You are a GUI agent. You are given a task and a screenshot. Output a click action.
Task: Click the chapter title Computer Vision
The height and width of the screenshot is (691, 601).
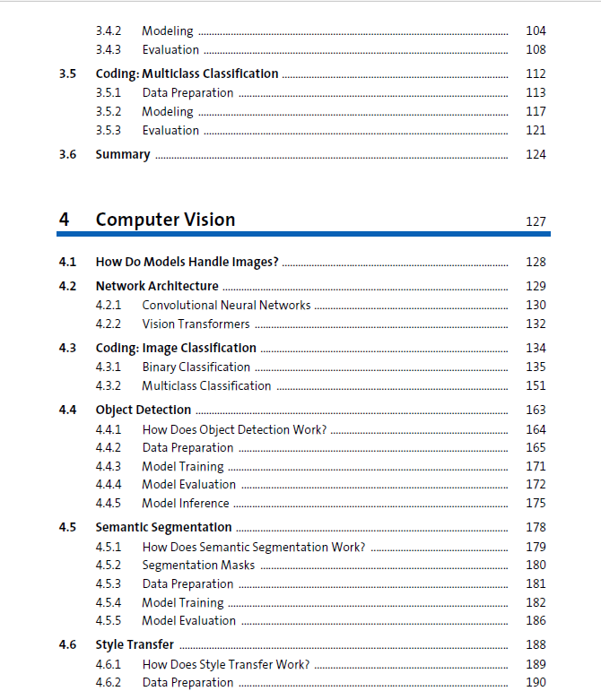(x=165, y=220)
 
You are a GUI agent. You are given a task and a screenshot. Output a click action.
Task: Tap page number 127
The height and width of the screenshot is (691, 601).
(x=536, y=221)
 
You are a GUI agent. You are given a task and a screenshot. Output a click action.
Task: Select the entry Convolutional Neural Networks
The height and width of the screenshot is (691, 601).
(x=226, y=305)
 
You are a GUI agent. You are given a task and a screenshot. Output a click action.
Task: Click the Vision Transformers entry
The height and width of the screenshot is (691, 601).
(x=196, y=324)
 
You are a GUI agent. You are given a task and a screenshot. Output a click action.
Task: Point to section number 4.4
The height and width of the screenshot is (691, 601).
(x=67, y=410)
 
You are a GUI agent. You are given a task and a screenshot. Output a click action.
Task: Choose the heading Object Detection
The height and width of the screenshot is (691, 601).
(x=144, y=410)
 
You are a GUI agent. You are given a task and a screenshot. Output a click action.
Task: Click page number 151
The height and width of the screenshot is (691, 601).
(x=536, y=385)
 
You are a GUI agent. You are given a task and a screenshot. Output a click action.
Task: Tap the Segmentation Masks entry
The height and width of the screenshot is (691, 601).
(x=198, y=565)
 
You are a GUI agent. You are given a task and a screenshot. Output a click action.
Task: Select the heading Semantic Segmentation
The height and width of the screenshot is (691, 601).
(x=163, y=527)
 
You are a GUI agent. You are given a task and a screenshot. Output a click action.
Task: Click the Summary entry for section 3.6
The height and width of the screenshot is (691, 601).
(x=123, y=154)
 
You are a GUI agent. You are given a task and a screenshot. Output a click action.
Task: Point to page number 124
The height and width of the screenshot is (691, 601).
(x=536, y=154)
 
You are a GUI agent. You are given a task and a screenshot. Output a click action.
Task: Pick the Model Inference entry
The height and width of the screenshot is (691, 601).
(x=186, y=503)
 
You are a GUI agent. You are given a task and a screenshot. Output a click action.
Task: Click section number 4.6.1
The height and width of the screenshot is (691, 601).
(x=108, y=664)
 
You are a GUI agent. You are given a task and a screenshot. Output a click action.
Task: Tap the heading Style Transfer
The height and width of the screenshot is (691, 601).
(x=135, y=644)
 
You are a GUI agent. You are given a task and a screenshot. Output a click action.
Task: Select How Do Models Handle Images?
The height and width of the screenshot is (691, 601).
(x=187, y=262)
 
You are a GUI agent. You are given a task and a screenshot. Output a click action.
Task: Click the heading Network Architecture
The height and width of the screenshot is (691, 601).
(x=157, y=286)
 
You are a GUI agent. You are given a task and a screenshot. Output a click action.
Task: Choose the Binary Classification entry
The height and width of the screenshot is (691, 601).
(x=196, y=367)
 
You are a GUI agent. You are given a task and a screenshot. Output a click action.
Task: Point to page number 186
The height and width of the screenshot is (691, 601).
(x=536, y=620)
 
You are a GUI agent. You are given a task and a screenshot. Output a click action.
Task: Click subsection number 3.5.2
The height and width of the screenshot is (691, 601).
(x=108, y=111)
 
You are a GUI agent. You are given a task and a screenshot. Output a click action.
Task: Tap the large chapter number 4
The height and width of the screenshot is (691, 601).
(x=64, y=220)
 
